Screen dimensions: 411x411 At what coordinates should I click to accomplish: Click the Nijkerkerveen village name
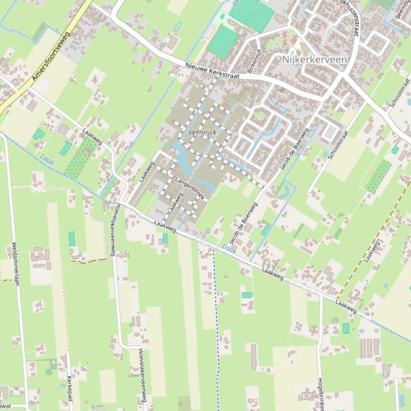point(314,59)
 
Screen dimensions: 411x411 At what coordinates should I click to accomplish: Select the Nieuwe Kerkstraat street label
point(212,72)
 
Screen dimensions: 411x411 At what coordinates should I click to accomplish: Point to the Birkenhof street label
point(252,62)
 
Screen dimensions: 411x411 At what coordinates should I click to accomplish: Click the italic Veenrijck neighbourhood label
point(202,132)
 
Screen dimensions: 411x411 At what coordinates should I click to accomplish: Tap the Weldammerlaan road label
point(15,265)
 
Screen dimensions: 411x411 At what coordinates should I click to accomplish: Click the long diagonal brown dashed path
point(374,240)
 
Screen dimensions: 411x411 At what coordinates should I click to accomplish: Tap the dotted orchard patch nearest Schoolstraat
point(378,177)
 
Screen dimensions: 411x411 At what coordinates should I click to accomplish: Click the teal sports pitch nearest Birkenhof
point(223,42)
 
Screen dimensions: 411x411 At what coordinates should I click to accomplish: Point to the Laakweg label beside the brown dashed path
point(373,251)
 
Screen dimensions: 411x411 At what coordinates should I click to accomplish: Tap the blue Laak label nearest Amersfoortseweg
point(47,159)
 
